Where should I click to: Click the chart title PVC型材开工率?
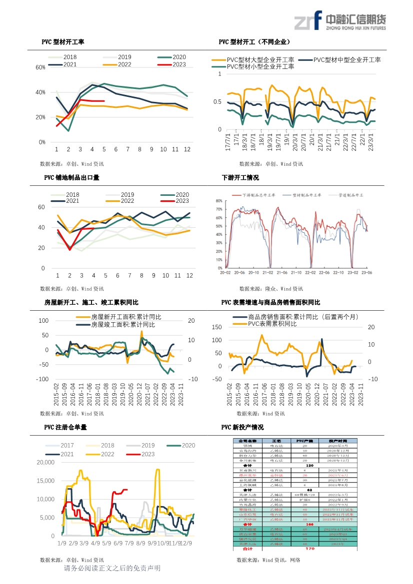(x=63, y=42)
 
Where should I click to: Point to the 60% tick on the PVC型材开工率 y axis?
(x=40, y=67)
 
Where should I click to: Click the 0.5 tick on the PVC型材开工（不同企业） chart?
(x=217, y=102)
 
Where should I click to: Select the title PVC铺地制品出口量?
(x=71, y=177)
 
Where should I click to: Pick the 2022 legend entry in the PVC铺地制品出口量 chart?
(x=119, y=201)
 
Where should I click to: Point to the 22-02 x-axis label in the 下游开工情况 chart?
(x=310, y=273)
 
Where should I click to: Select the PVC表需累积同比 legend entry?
(x=271, y=324)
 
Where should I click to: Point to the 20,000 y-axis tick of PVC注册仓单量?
(x=45, y=463)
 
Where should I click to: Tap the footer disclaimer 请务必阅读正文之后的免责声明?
(x=112, y=569)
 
